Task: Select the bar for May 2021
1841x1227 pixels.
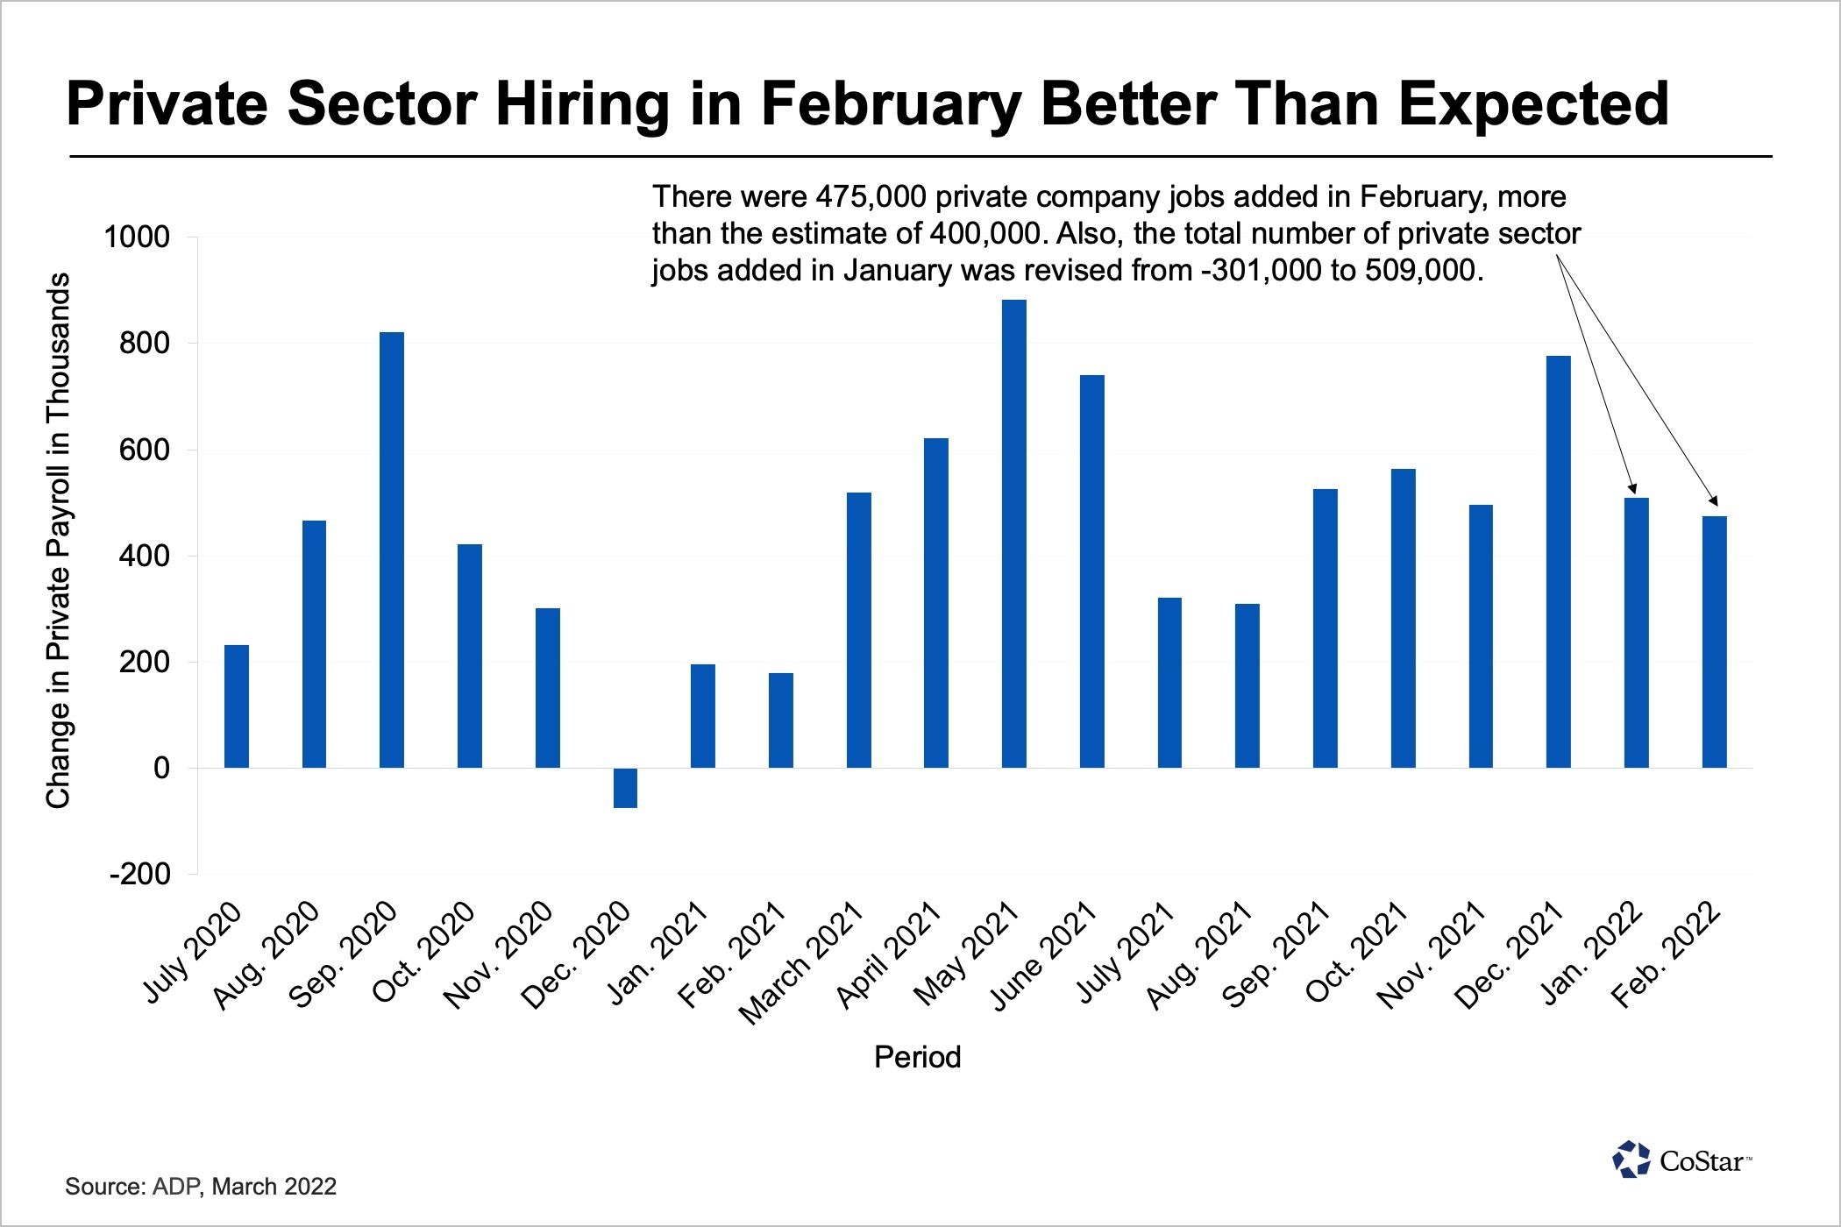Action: pyautogui.click(x=1013, y=534)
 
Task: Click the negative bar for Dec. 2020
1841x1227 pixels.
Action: pyautogui.click(x=625, y=788)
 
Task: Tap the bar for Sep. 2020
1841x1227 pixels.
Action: pyautogui.click(x=392, y=550)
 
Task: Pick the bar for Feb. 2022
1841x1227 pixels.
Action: pyautogui.click(x=1714, y=642)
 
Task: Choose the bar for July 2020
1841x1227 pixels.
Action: pyautogui.click(x=237, y=706)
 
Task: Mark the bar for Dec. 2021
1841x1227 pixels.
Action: pyautogui.click(x=1559, y=562)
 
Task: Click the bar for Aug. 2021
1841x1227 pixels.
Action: pyautogui.click(x=1247, y=685)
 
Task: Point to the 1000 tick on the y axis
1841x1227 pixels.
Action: pyautogui.click(x=137, y=237)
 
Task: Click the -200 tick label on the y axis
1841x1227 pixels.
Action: pyautogui.click(x=139, y=874)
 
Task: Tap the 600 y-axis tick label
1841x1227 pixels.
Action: pyautogui.click(x=145, y=450)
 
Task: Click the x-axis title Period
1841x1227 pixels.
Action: pyautogui.click(x=917, y=1057)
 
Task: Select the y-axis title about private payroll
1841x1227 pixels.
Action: pyautogui.click(x=58, y=540)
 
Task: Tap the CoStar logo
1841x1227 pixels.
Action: pyautogui.click(x=1681, y=1160)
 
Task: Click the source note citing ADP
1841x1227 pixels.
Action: pyautogui.click(x=201, y=1187)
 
